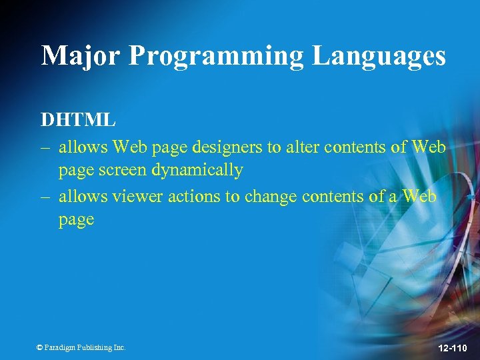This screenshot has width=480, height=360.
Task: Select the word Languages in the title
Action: pos(379,57)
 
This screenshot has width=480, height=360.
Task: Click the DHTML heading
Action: pos(78,120)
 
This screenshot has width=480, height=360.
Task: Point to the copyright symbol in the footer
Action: pos(39,347)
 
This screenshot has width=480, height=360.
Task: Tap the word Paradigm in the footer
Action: pos(61,347)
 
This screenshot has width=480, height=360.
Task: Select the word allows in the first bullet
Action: pos(83,145)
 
